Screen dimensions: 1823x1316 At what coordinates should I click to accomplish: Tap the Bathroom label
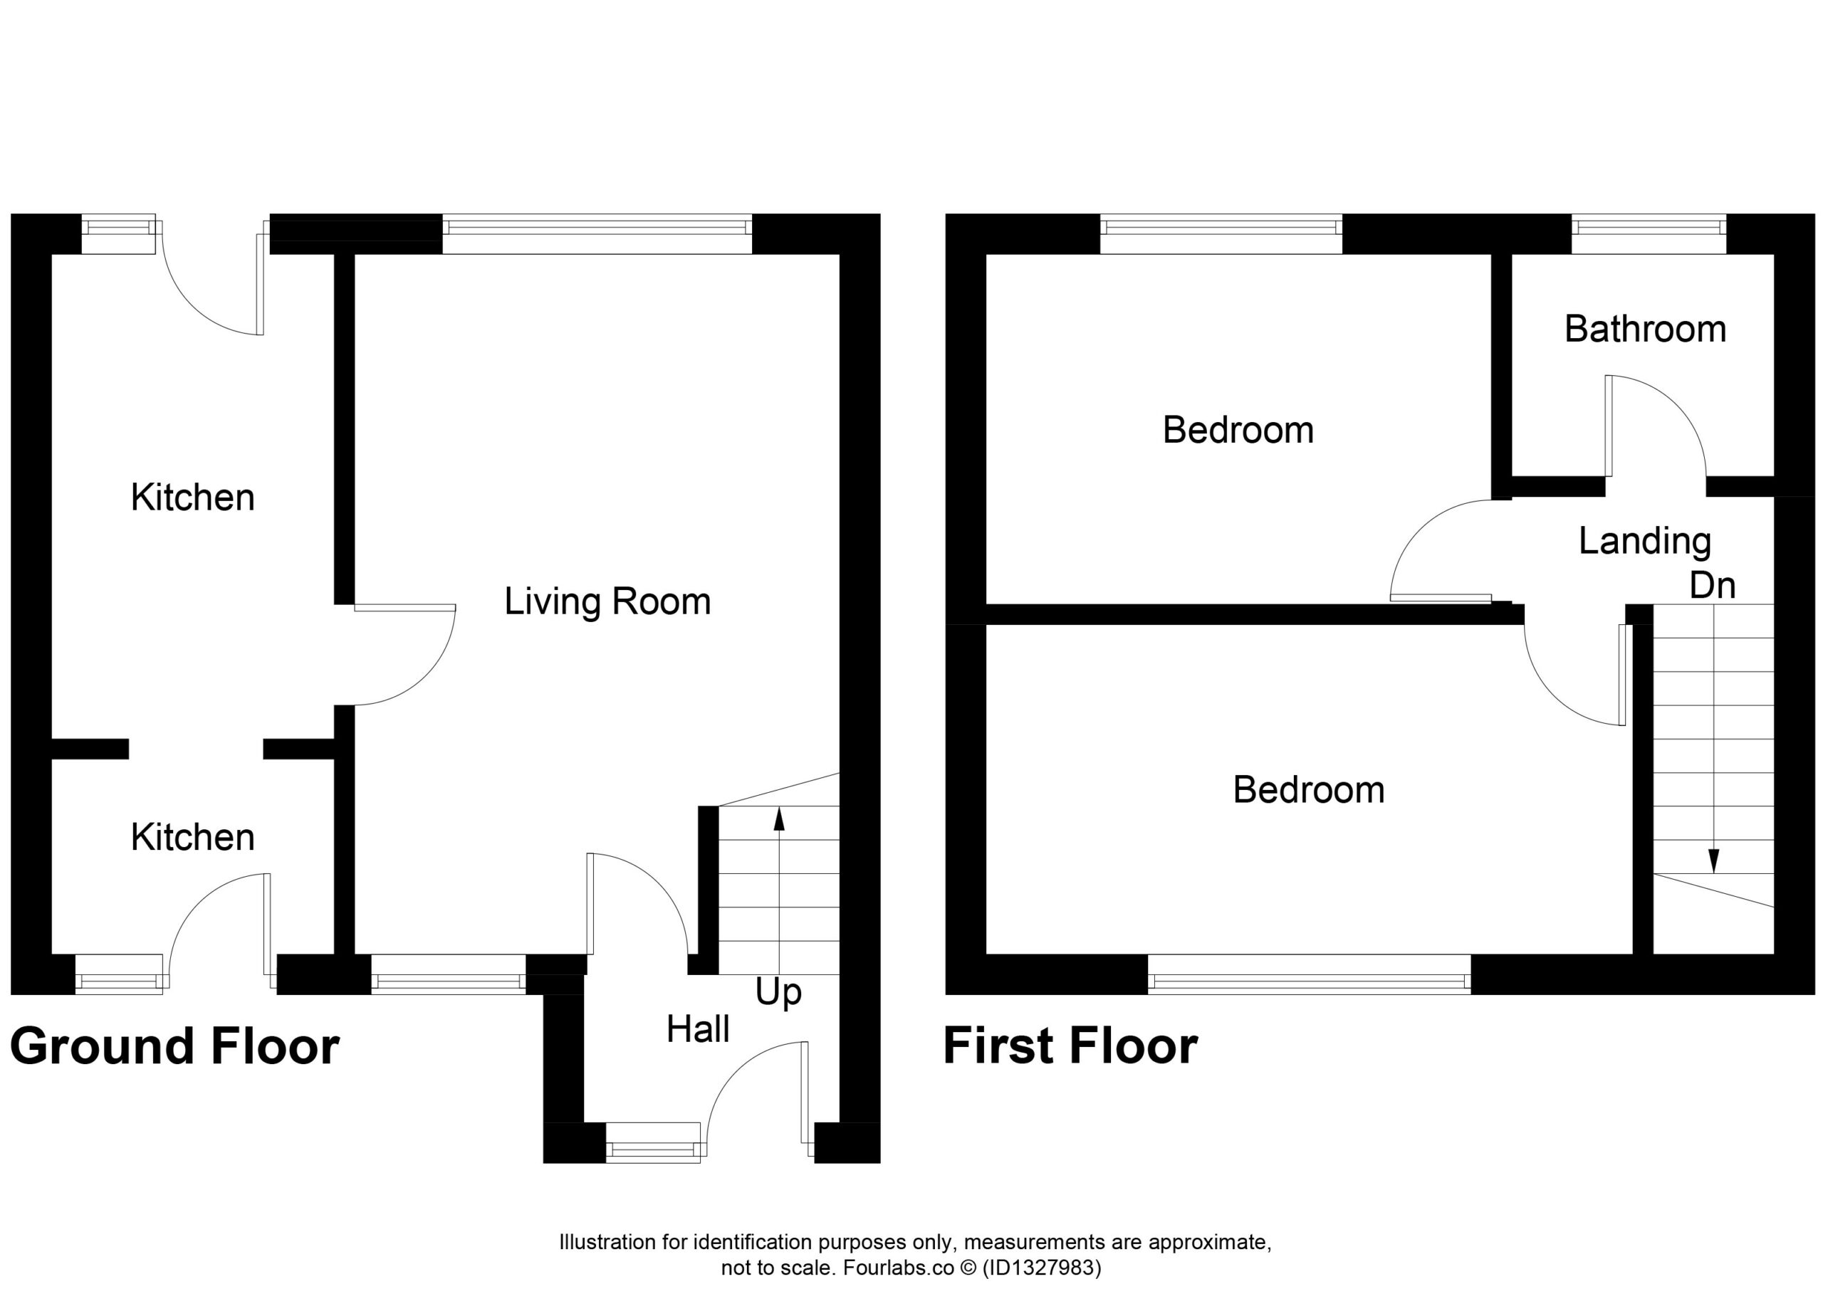coord(1646,330)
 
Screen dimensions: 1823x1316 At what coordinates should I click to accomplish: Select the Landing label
coord(1644,542)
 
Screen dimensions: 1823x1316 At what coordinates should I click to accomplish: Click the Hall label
coord(698,1029)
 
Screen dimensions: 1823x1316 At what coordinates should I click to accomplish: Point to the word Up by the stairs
coord(778,994)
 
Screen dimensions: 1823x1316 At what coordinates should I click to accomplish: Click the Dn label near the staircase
coord(1712,586)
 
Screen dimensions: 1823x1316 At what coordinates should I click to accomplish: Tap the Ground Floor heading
coord(174,1046)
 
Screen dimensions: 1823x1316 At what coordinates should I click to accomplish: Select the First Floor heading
coord(1070,1046)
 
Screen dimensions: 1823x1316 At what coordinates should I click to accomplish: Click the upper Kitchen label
coord(193,498)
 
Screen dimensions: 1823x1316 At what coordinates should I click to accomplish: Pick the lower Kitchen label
coord(193,838)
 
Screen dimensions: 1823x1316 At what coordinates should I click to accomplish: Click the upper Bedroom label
coord(1238,431)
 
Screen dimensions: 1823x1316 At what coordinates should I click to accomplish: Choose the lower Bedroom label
coord(1309,791)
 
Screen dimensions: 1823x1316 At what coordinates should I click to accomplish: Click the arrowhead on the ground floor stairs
coord(779,818)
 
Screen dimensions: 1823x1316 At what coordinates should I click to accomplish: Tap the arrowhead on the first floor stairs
coord(1713,861)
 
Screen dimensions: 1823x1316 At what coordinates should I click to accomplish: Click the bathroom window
coord(1649,233)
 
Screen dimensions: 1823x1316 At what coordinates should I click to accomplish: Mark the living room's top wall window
coord(597,233)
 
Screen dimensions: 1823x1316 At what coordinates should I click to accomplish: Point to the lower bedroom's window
coord(1310,974)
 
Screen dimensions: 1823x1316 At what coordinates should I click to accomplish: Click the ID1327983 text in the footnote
coord(1041,1268)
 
